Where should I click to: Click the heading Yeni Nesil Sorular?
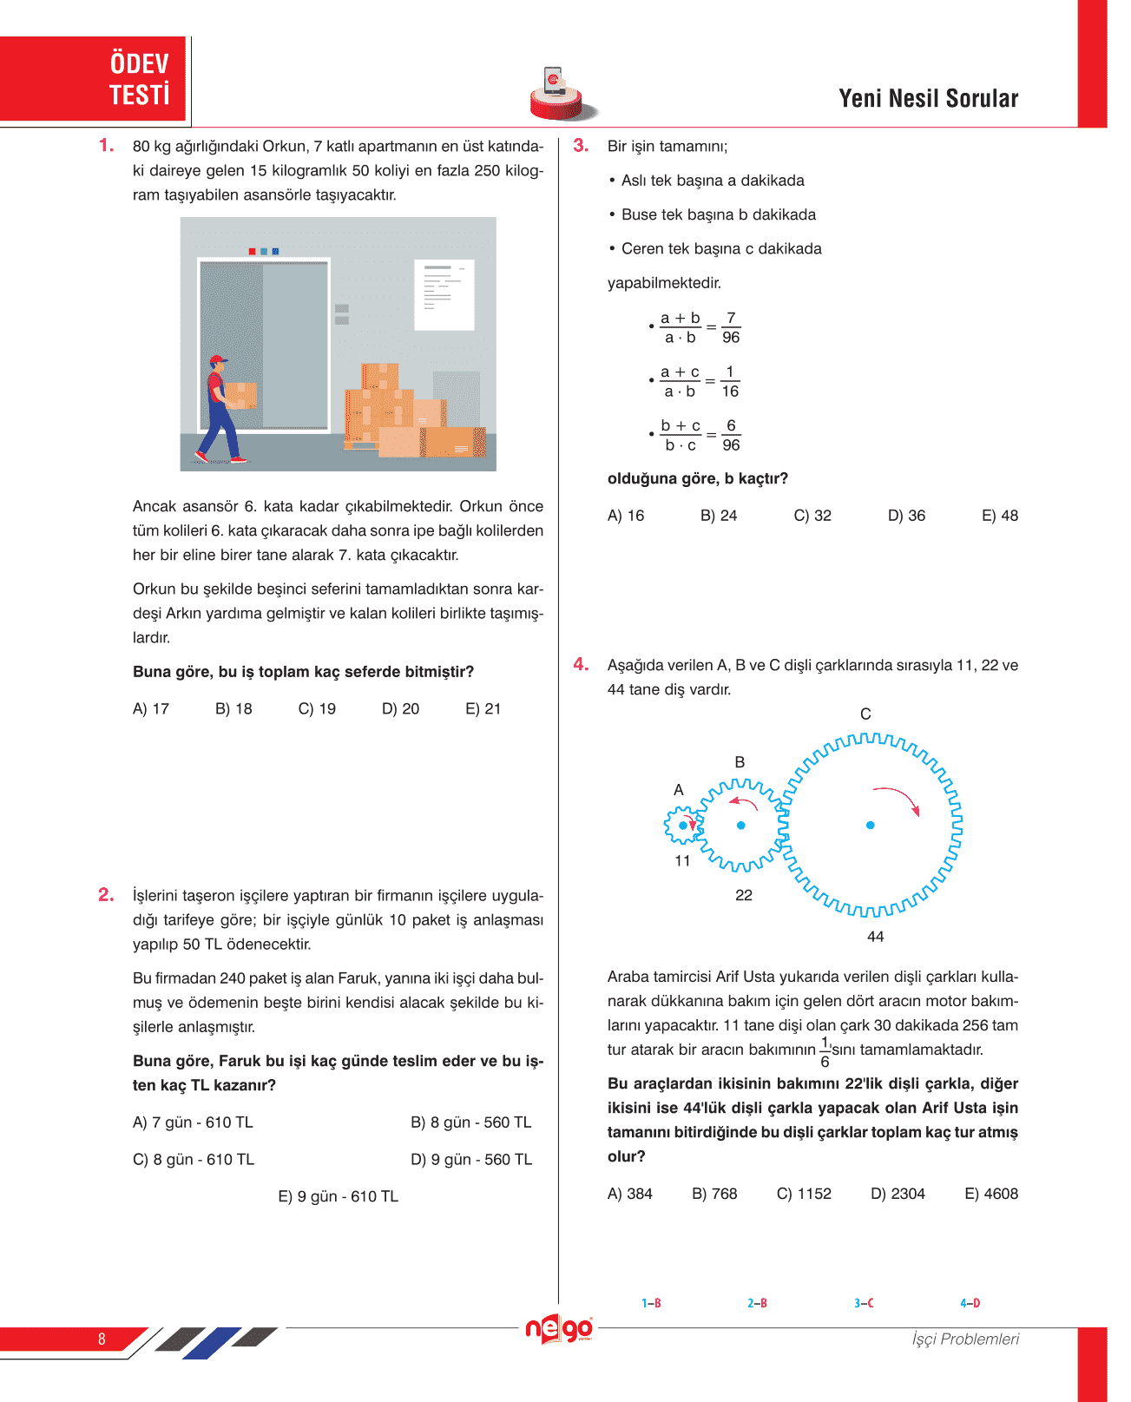(x=928, y=99)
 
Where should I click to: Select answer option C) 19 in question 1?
(x=317, y=709)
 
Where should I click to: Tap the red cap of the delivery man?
(x=218, y=359)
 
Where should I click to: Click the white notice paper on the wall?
(x=444, y=294)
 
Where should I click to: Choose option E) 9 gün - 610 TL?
(x=338, y=1196)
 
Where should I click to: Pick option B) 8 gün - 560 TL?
(x=470, y=1122)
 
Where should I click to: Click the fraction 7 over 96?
(x=731, y=328)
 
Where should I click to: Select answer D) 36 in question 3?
(x=906, y=516)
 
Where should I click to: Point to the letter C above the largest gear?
(x=865, y=714)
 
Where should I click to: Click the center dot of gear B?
(x=741, y=826)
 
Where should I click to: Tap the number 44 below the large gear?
(x=876, y=937)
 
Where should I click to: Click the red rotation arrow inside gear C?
(x=898, y=798)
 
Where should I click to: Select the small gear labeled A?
(x=682, y=826)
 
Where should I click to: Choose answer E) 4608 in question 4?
(x=991, y=1194)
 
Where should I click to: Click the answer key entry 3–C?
(x=864, y=1303)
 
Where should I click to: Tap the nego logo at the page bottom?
(x=559, y=1329)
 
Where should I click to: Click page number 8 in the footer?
(x=102, y=1339)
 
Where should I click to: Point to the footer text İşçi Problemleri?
(x=965, y=1339)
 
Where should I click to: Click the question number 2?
(x=106, y=895)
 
